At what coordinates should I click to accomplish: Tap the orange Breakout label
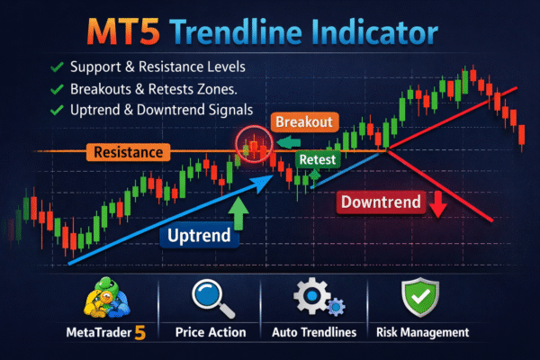[x=305, y=121]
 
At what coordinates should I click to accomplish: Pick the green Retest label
[x=316, y=159]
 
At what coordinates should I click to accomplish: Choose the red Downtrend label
[x=382, y=202]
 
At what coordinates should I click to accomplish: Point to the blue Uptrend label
[x=199, y=237]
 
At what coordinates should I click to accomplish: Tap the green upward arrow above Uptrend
[x=238, y=212]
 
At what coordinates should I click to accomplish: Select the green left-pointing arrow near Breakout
[x=287, y=141]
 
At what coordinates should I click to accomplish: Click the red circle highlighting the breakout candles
[x=255, y=145]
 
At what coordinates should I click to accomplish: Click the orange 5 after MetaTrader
[x=139, y=332]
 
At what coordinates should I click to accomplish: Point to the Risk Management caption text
[x=421, y=333]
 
